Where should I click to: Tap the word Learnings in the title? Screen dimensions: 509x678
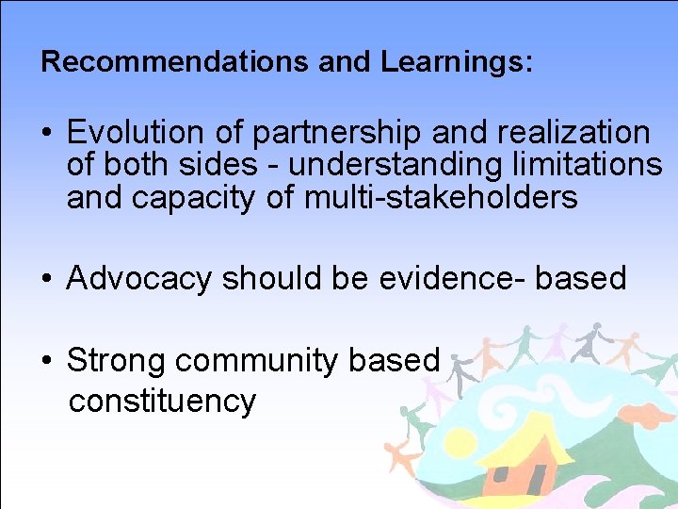click(x=456, y=62)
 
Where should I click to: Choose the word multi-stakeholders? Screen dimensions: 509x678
click(x=441, y=197)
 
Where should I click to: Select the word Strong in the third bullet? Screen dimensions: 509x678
click(x=117, y=360)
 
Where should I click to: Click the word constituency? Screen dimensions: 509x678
click(x=162, y=401)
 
